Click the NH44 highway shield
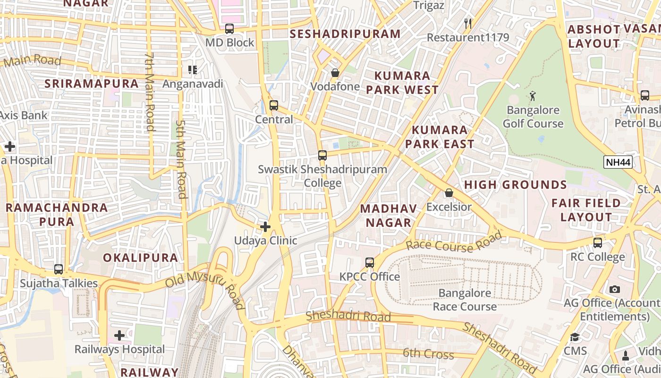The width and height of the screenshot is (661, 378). (x=618, y=163)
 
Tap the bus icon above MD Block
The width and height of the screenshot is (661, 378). (x=229, y=29)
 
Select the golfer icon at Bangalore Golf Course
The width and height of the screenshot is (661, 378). (x=533, y=96)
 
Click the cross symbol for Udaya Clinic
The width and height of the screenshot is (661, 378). (x=265, y=227)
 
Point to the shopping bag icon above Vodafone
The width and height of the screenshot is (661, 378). (x=335, y=73)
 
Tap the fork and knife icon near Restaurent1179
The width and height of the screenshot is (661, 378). (x=468, y=23)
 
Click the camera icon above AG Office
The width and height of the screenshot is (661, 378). (x=614, y=289)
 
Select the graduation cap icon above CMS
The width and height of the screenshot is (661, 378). (x=575, y=337)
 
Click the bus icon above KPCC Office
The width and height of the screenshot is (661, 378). (x=370, y=262)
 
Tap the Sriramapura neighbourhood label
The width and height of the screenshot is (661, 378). (x=92, y=84)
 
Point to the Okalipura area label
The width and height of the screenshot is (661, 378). (x=141, y=258)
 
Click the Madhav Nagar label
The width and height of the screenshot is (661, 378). (x=389, y=215)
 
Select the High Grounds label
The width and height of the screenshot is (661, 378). (x=515, y=185)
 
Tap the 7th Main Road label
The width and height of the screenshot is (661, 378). (x=150, y=92)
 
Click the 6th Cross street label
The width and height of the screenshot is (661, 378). (x=428, y=353)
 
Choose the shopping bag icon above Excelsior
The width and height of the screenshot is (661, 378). (x=449, y=193)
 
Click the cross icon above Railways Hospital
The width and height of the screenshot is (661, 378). (x=119, y=335)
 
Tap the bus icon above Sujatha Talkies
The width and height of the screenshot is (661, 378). (x=59, y=269)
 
